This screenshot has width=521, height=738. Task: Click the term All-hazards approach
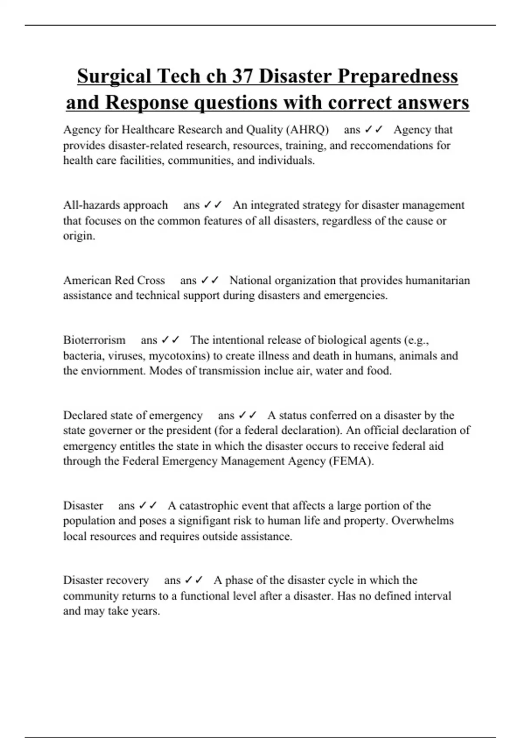[115, 205]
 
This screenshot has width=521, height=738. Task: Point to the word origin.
[79, 236]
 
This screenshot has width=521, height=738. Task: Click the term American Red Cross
[114, 280]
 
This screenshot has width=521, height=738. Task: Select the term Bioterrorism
[94, 340]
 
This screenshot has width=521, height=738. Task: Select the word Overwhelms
[422, 521]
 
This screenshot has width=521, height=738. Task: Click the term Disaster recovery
[106, 580]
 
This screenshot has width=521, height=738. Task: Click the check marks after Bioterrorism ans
[170, 340]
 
